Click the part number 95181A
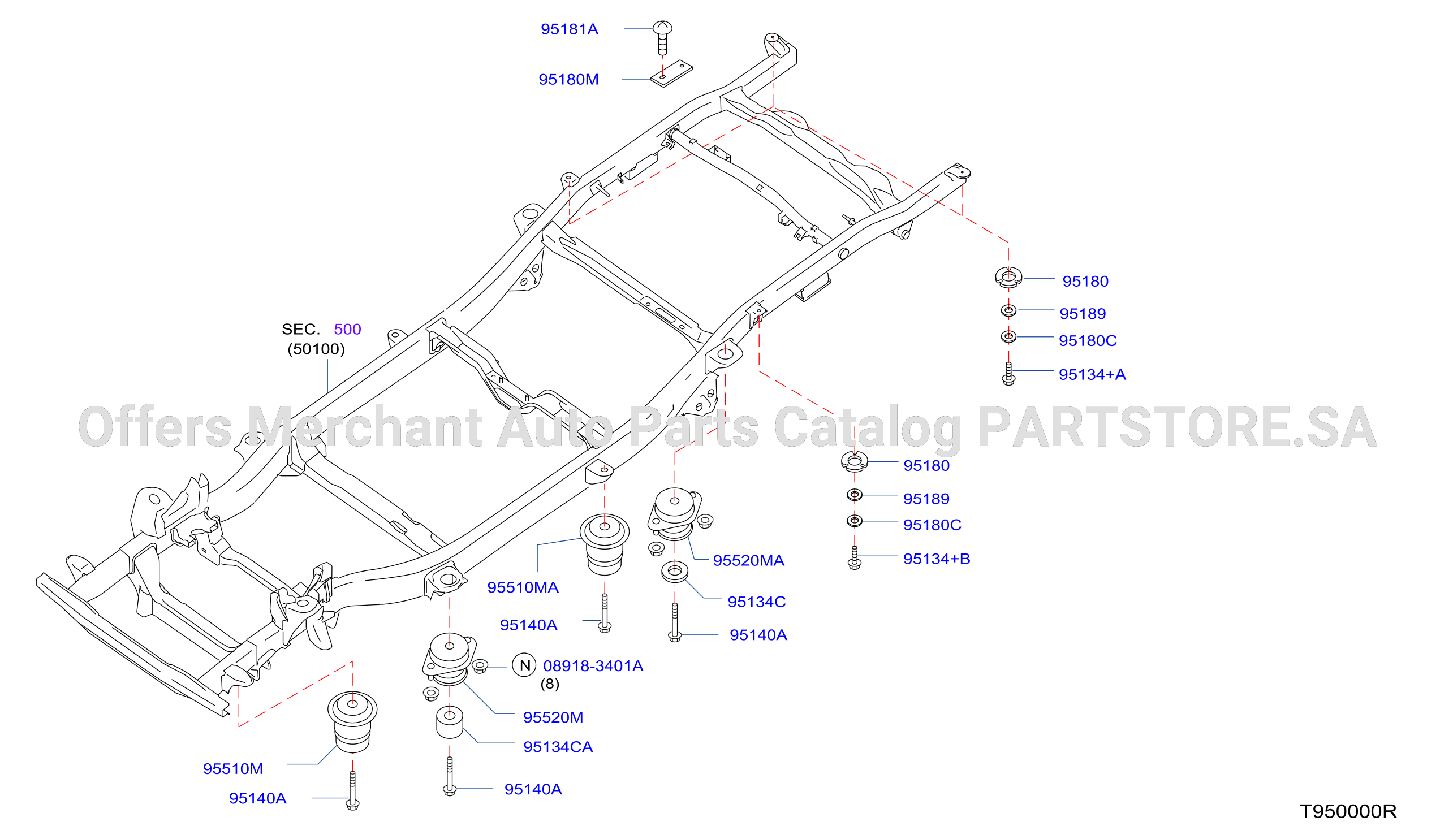tap(569, 29)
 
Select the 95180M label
tap(568, 80)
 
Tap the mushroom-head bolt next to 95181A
tap(662, 37)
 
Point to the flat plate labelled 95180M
tap(671, 73)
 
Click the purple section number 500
tap(347, 329)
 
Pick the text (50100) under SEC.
tap(316, 349)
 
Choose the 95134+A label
tap(1092, 374)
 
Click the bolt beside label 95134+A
tap(1008, 373)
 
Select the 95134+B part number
tap(937, 559)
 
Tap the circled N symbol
tap(524, 665)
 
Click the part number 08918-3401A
tap(593, 666)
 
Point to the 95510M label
tap(233, 769)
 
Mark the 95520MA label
tap(749, 561)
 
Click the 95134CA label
tap(558, 747)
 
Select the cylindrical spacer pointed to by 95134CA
tap(450, 722)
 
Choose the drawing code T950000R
tap(1348, 811)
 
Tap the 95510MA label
tap(523, 587)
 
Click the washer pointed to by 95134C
tap(675, 572)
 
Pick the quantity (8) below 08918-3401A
tap(550, 684)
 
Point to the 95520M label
tap(553, 717)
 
